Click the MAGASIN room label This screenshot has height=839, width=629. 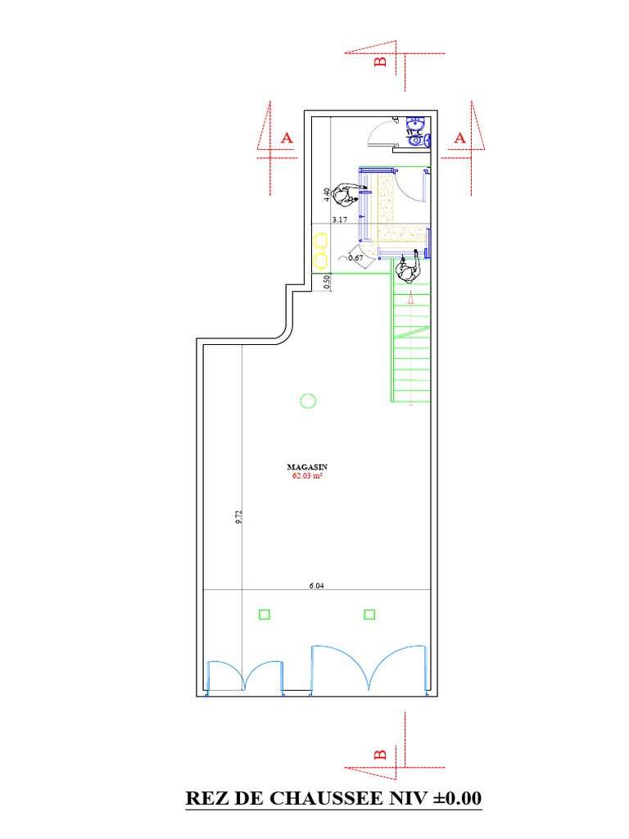click(x=307, y=467)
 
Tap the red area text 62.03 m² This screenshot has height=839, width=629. click(x=307, y=476)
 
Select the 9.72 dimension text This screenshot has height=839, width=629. click(x=238, y=517)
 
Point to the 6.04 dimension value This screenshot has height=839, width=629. click(x=317, y=585)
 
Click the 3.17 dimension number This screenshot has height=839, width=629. click(x=340, y=220)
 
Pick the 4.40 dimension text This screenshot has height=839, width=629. click(x=327, y=194)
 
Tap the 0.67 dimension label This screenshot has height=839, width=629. click(x=355, y=258)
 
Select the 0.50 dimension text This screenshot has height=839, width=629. click(x=327, y=282)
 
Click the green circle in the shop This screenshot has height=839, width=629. click(x=308, y=401)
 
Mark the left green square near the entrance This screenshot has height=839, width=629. click(x=265, y=615)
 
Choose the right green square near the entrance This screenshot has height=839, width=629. click(x=369, y=615)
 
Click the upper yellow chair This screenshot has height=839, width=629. click(x=320, y=241)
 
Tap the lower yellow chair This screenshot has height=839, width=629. click(x=320, y=261)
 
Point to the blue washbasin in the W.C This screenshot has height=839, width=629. click(x=415, y=124)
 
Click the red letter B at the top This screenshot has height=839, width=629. click(x=380, y=61)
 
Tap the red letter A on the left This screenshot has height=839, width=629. click(x=287, y=138)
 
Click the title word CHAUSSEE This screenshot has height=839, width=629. click(x=326, y=798)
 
